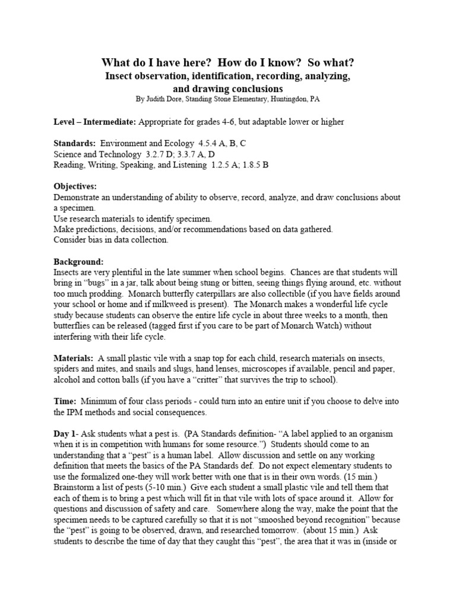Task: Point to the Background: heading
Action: (78, 262)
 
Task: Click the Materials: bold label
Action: (74, 359)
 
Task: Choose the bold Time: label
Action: (65, 402)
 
